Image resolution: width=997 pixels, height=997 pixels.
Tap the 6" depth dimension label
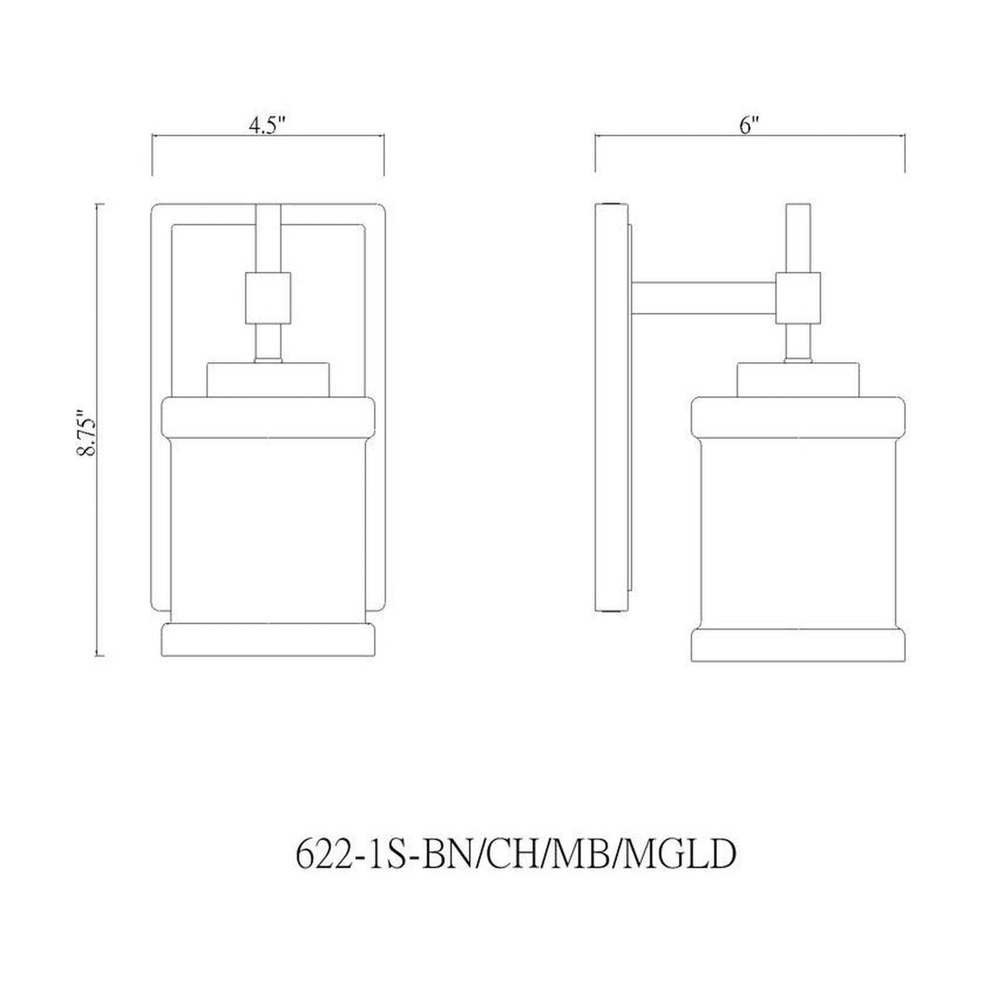[749, 126]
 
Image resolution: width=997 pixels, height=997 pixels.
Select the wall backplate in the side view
[611, 407]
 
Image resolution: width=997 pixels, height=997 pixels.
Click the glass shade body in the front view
[268, 524]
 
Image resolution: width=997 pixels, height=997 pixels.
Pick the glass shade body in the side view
[798, 524]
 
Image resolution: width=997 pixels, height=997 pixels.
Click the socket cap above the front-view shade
[268, 379]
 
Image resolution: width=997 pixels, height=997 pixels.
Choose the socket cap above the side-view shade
[798, 379]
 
